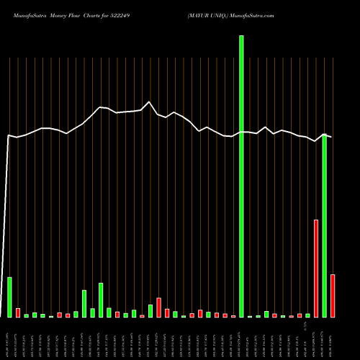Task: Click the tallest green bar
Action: (x=241, y=176)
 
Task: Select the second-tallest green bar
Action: (x=325, y=226)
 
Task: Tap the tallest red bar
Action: (x=316, y=269)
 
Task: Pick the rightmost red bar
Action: (x=333, y=296)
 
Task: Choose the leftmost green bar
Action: (x=9, y=297)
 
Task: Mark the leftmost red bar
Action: (x=18, y=312)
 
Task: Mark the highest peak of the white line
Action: (x=149, y=102)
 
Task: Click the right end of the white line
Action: (x=331, y=137)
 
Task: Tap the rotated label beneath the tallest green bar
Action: (x=241, y=338)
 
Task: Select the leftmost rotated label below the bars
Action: (x=9, y=338)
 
